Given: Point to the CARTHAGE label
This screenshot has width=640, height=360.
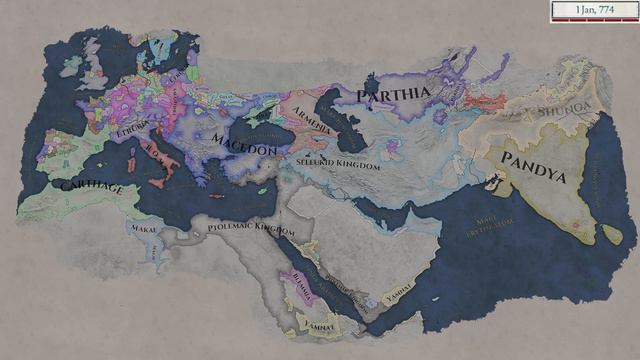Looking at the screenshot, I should click(x=91, y=187).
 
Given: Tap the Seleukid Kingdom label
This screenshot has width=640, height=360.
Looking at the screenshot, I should click(x=339, y=162).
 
